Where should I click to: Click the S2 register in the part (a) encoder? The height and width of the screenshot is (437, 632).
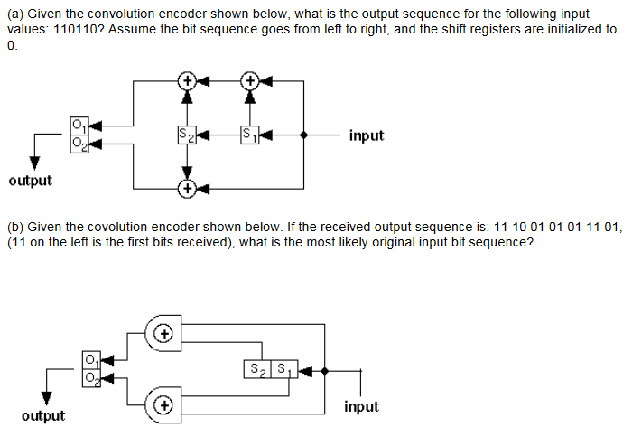pyautogui.click(x=187, y=135)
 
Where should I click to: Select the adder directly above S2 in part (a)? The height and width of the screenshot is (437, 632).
pyautogui.click(x=187, y=80)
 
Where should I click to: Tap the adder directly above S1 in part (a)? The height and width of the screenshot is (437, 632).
pyautogui.click(x=249, y=80)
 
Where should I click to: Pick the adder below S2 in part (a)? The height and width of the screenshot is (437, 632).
pyautogui.click(x=187, y=189)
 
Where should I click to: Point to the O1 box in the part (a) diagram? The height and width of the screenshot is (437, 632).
pyautogui.click(x=79, y=126)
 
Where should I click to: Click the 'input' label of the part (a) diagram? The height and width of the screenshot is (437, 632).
pyautogui.click(x=366, y=135)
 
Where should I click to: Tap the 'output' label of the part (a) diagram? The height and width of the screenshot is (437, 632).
pyautogui.click(x=31, y=181)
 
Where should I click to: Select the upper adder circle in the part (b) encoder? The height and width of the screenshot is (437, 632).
pyautogui.click(x=163, y=333)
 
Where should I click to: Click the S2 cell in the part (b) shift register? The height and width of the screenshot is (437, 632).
pyautogui.click(x=255, y=368)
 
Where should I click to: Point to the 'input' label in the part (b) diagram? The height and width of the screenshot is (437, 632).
pyautogui.click(x=361, y=407)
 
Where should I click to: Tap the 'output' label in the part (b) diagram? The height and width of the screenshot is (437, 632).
pyautogui.click(x=43, y=415)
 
